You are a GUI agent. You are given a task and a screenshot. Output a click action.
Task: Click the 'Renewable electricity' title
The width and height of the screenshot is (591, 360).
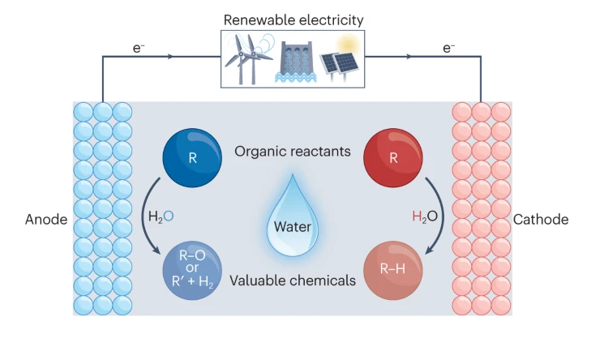(294, 17)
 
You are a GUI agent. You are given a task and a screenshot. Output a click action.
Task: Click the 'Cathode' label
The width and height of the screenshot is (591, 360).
(541, 220)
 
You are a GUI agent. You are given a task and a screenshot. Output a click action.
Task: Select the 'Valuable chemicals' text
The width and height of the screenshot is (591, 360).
(293, 281)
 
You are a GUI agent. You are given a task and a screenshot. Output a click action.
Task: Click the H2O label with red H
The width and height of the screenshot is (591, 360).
(423, 217)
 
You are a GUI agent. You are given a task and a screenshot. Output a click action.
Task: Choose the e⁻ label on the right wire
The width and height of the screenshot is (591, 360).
(448, 48)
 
